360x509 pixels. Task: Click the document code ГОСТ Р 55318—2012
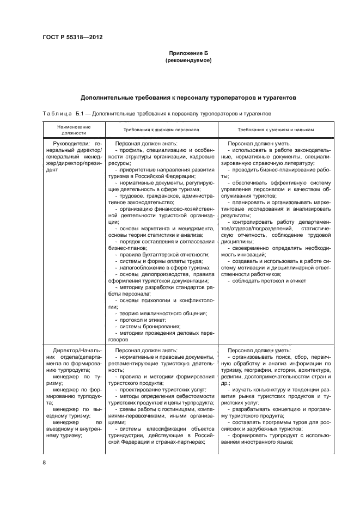tap(72, 38)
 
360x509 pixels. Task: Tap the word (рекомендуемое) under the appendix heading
tap(188, 61)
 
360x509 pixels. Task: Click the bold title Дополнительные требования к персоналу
tap(188, 98)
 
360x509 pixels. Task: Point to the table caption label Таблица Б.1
tap(63, 114)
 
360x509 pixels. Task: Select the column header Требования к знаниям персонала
tap(161, 130)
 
